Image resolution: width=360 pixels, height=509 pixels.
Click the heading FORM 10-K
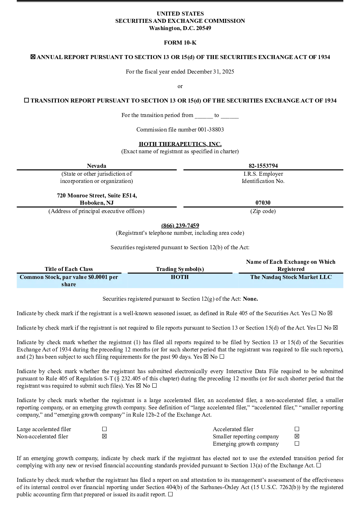pyautogui.click(x=180, y=42)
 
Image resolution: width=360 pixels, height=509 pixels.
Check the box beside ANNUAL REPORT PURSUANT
pyautogui.click(x=33, y=57)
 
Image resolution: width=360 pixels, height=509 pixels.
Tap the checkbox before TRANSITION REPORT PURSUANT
pyautogui.click(x=26, y=100)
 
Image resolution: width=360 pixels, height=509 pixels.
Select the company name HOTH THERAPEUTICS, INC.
pyautogui.click(x=180, y=144)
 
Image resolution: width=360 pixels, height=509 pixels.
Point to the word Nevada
pyautogui.click(x=96, y=166)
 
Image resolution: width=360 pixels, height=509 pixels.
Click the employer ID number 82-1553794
pyautogui.click(x=263, y=166)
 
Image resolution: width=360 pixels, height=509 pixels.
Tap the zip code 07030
pyautogui.click(x=263, y=203)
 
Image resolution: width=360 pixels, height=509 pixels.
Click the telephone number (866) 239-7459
pyautogui.click(x=180, y=225)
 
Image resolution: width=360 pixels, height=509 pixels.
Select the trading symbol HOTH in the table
pyautogui.click(x=180, y=277)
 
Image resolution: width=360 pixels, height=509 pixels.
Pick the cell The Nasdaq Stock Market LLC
pyautogui.click(x=291, y=277)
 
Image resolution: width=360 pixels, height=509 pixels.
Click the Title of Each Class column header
pyautogui.click(x=69, y=269)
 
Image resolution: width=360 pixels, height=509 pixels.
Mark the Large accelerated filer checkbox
pyautogui.click(x=104, y=429)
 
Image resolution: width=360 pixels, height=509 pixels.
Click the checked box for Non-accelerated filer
pyautogui.click(x=104, y=436)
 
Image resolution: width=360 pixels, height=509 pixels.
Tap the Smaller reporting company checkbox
pyautogui.click(x=297, y=436)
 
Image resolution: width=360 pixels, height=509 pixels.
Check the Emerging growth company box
pyautogui.click(x=297, y=443)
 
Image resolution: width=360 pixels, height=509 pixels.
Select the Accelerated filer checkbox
pyautogui.click(x=297, y=429)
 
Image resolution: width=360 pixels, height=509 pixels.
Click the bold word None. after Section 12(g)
pyautogui.click(x=250, y=299)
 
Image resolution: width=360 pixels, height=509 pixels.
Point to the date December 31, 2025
pyautogui.click(x=210, y=72)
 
